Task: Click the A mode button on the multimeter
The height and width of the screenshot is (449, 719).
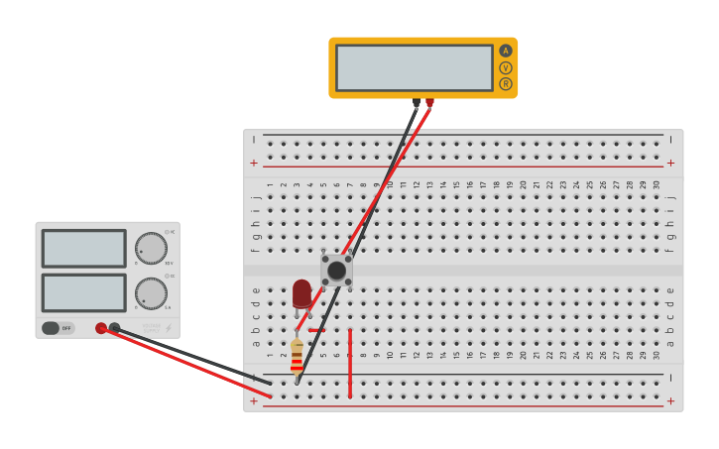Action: [x=506, y=51]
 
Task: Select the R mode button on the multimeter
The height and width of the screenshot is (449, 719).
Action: [x=506, y=84]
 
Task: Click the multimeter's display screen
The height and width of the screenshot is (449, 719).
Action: [x=414, y=67]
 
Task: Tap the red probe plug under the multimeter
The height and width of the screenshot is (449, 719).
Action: [x=429, y=102]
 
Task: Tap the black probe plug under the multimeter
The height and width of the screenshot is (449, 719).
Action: [x=417, y=102]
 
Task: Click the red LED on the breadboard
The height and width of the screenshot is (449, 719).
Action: [x=301, y=294]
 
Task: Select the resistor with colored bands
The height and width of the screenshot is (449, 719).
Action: [x=297, y=355]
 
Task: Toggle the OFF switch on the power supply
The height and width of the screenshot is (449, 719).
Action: [x=58, y=328]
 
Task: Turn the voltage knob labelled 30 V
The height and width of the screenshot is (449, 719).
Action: [x=151, y=248]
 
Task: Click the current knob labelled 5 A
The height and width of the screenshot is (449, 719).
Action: [x=151, y=292]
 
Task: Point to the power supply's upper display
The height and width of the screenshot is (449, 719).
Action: [x=83, y=248]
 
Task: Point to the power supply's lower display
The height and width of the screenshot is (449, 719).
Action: [x=83, y=292]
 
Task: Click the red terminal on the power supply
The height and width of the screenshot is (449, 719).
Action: [x=101, y=328]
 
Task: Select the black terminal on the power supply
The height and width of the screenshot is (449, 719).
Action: [x=114, y=328]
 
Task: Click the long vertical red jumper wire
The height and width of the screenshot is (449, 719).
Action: [x=350, y=363]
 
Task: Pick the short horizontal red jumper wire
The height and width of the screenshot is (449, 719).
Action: [x=316, y=330]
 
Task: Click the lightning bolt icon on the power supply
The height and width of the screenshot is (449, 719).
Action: [x=168, y=328]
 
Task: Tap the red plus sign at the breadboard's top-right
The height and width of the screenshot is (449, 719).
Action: [x=670, y=163]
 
